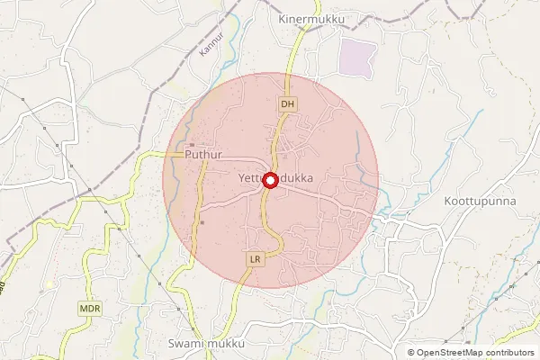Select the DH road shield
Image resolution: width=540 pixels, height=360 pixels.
287,105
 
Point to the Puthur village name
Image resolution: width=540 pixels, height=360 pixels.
202,155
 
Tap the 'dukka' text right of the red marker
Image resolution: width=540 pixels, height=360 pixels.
296,178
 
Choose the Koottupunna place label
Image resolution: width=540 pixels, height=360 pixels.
480,201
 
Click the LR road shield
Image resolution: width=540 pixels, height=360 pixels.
255,259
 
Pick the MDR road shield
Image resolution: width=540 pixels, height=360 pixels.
90,308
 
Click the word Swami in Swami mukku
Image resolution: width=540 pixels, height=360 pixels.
186,344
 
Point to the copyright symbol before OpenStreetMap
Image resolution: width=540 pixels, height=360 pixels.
411,353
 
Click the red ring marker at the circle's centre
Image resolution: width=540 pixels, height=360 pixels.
270,180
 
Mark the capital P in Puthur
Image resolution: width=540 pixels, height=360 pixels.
188,155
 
